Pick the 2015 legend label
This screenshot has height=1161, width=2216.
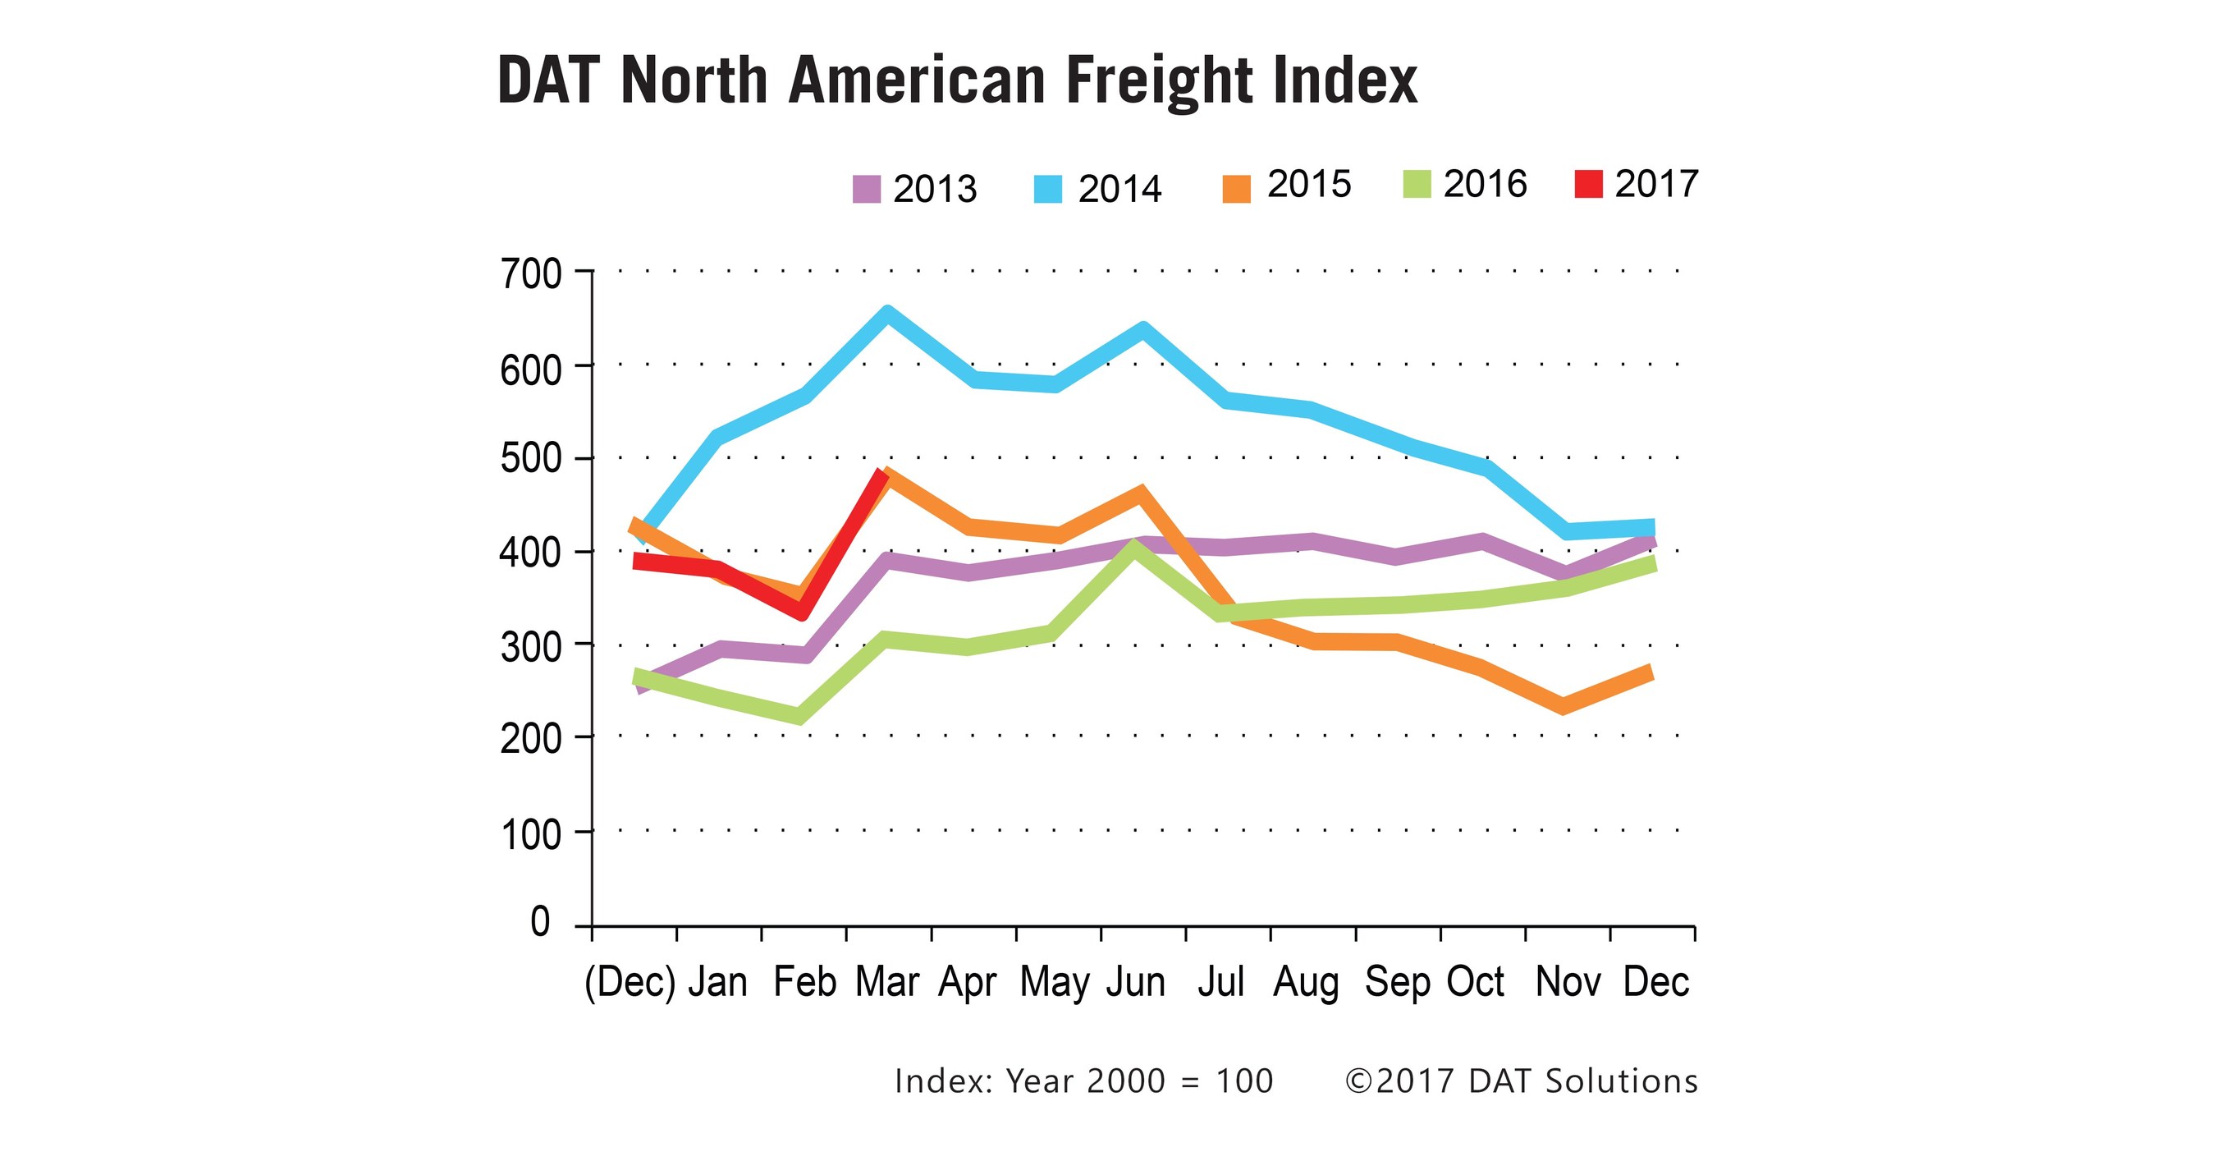[1308, 184]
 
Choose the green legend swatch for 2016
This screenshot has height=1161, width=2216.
[1416, 184]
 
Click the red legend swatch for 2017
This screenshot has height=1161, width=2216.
[1588, 184]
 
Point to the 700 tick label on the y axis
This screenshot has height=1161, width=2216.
[531, 275]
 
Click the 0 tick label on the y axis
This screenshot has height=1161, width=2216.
[540, 922]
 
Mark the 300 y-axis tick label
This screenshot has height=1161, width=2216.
[531, 647]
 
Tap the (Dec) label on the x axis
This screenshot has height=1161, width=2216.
[630, 982]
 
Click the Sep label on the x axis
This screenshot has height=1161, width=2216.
[1397, 982]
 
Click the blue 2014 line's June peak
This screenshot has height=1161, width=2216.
[1142, 329]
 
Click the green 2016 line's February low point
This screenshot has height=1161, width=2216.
[799, 716]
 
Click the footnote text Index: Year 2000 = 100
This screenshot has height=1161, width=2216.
[1083, 1081]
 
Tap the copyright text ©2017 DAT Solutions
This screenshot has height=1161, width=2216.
[1521, 1081]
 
